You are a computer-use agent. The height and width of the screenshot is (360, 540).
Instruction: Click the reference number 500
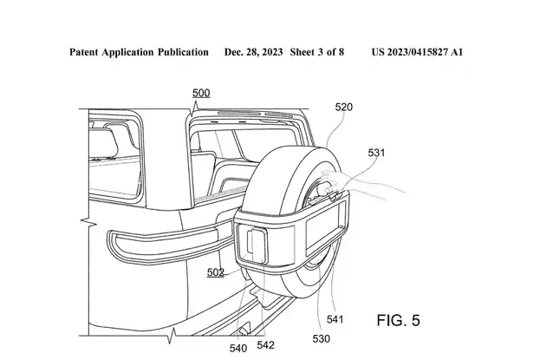click(201, 93)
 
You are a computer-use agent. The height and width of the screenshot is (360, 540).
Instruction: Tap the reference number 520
click(344, 108)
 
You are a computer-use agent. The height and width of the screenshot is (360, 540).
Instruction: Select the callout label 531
click(376, 153)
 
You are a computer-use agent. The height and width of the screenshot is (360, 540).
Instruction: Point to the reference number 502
click(216, 272)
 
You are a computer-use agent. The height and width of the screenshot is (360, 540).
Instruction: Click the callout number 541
click(335, 319)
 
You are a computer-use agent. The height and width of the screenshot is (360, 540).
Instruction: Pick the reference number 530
click(322, 339)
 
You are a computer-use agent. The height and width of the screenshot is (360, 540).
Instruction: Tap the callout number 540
click(238, 348)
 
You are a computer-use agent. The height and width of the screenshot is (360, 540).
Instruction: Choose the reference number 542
click(265, 345)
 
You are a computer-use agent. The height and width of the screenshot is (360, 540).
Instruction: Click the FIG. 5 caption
click(399, 320)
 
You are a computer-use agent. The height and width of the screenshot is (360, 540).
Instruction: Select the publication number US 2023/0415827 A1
click(417, 52)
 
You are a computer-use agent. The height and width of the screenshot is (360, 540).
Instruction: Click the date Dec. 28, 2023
click(253, 52)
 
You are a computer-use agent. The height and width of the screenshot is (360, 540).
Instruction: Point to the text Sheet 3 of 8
click(317, 52)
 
